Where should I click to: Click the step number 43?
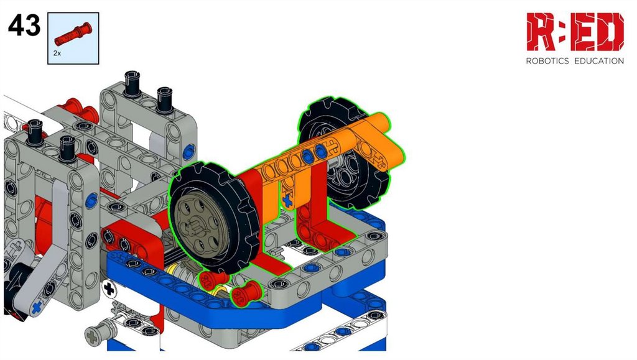point(24,25)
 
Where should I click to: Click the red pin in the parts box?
point(73,34)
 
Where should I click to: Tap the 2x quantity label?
point(57,53)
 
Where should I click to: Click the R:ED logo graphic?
point(575,32)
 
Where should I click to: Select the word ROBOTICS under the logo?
point(547,61)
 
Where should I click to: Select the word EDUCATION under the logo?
point(599,61)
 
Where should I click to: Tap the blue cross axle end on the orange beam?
point(287,200)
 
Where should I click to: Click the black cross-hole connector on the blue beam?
point(109,289)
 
